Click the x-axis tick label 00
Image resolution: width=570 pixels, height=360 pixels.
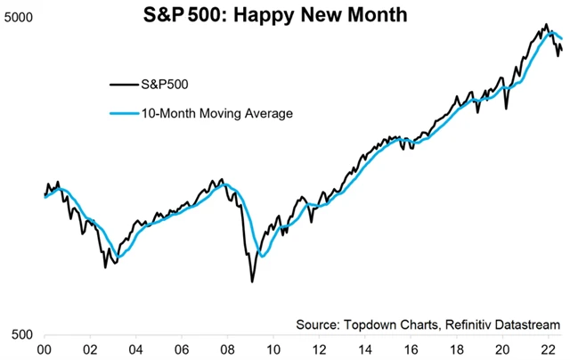pos(45,350)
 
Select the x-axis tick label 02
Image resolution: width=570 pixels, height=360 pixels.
pos(91,350)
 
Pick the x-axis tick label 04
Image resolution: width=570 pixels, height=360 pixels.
pos(136,350)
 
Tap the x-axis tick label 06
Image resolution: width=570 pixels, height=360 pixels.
pos(182,350)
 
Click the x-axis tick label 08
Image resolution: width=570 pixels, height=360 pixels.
pos(228,350)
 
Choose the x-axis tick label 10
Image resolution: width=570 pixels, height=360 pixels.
pos(273,350)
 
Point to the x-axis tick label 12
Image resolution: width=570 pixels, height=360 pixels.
pos(319,350)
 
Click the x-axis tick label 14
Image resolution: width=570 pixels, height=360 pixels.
pos(365,350)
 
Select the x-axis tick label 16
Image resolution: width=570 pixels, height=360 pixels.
pos(411,350)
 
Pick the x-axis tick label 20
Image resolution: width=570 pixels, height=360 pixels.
pos(502,350)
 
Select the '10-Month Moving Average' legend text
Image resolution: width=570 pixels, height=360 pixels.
pos(216,113)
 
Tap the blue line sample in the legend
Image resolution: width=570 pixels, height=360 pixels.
pos(124,113)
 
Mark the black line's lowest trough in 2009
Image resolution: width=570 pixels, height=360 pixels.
pos(251,282)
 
